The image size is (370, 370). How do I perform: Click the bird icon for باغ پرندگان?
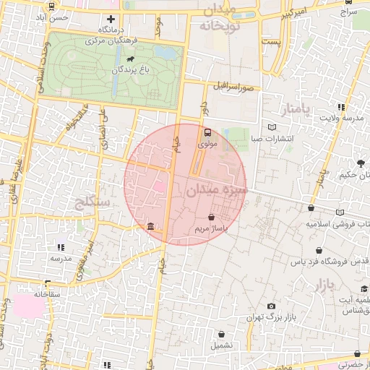pos(131,59)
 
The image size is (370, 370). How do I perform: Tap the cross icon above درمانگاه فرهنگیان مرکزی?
pos(111,20)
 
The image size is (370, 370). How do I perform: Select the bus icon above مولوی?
pos(207,133)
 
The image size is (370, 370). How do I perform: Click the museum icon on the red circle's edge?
pos(150,228)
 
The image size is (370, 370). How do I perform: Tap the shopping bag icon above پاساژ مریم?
pos(211,217)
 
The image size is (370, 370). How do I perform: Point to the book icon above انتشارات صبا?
pos(271,125)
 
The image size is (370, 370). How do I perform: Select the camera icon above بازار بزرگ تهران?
pos(271,306)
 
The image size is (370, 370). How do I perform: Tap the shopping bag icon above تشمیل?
pos(222,334)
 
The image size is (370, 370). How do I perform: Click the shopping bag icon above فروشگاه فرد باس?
pos(318,250)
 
